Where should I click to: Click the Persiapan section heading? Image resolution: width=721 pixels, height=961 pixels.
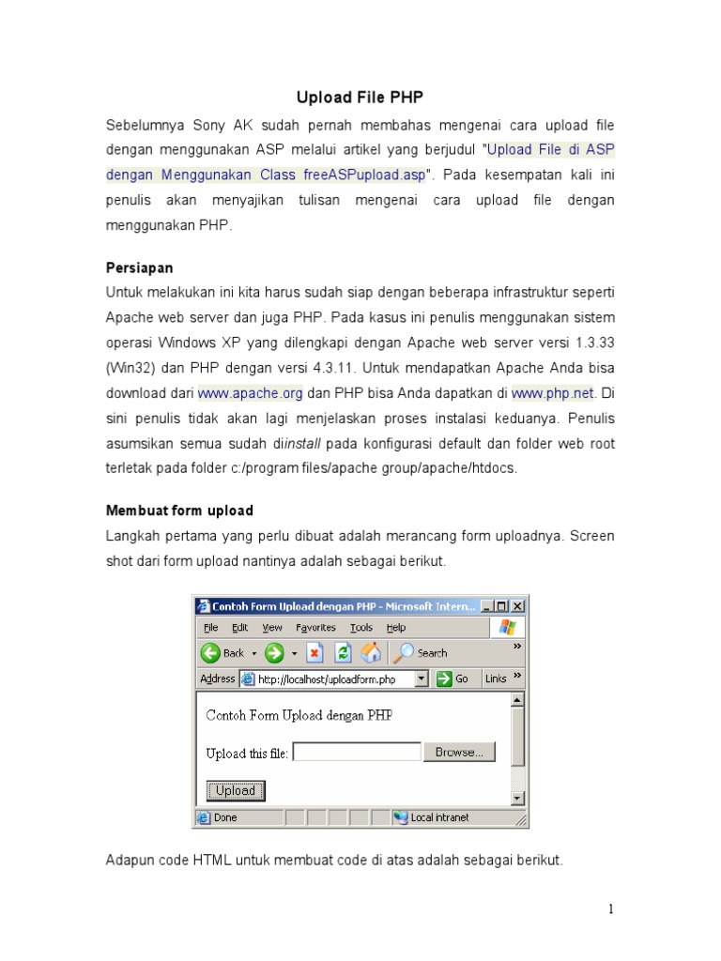[x=139, y=267]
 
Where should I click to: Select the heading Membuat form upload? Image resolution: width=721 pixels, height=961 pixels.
[x=179, y=511]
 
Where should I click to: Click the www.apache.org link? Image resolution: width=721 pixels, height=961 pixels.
[x=250, y=394]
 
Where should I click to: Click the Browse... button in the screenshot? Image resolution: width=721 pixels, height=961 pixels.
[x=459, y=752]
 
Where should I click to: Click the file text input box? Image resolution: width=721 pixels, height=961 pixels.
[x=357, y=752]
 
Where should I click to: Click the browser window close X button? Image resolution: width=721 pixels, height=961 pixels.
[x=518, y=606]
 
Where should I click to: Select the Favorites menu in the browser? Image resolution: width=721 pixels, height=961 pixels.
[x=315, y=628]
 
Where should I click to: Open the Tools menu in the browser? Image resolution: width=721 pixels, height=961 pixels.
[x=361, y=628]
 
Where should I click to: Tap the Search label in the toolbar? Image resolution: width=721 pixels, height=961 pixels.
[x=432, y=653]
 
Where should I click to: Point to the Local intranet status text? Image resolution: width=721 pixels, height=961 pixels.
[x=439, y=817]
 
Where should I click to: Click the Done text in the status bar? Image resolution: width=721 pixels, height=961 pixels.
[x=225, y=817]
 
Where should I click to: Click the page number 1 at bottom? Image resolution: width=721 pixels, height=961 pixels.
[x=610, y=908]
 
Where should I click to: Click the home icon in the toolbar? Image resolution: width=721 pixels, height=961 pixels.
[x=372, y=652]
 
